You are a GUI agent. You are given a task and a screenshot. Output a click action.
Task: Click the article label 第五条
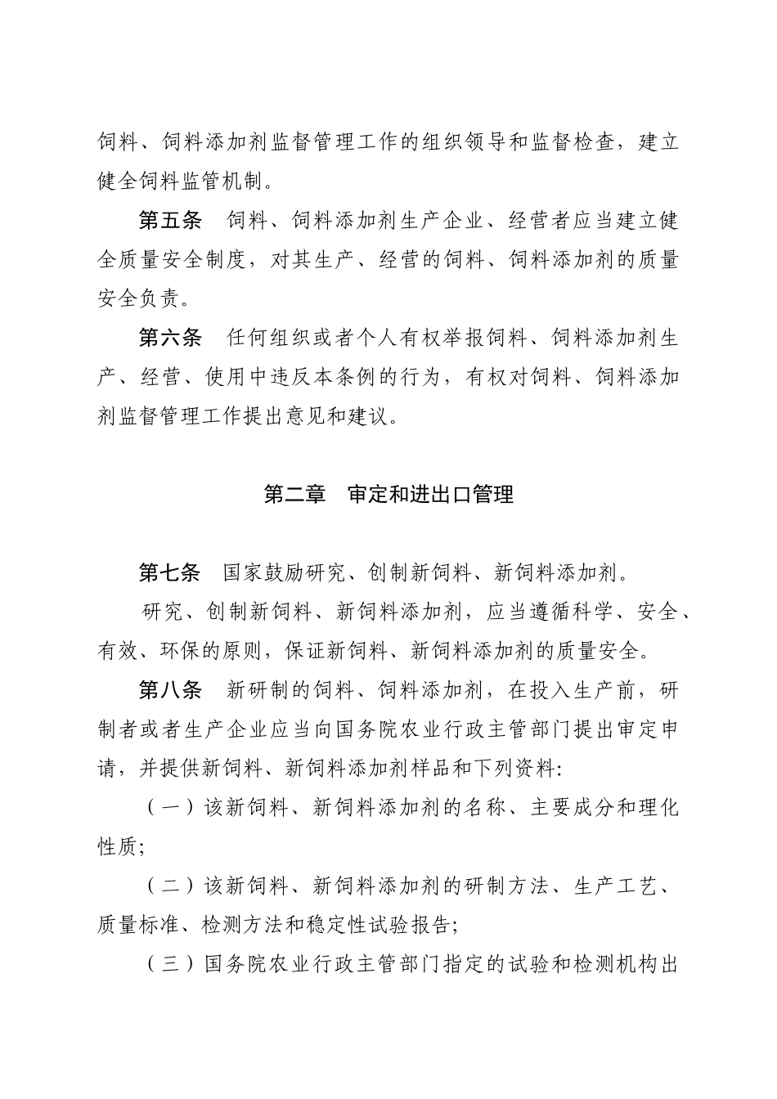click(169, 222)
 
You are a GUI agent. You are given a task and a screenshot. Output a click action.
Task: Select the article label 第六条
click(169, 338)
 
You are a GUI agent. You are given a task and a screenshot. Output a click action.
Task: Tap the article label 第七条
click(169, 573)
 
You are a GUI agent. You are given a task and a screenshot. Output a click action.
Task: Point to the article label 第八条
click(169, 691)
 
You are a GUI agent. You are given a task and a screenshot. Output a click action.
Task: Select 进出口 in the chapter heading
click(431, 496)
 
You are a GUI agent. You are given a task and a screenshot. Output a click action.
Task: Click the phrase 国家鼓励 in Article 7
click(265, 573)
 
